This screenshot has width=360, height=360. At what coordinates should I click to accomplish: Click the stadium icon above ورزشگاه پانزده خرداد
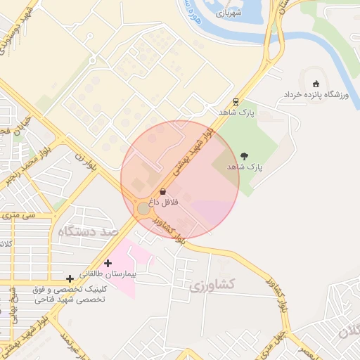point(315,84)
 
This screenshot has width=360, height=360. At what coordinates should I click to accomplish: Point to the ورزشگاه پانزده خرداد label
point(315,94)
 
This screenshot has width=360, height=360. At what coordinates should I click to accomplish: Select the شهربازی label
point(229,12)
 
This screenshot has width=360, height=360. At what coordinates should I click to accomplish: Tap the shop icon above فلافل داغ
point(163,191)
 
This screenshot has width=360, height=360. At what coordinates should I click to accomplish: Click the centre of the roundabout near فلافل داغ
point(143,209)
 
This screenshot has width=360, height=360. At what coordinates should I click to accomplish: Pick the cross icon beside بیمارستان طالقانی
point(108,263)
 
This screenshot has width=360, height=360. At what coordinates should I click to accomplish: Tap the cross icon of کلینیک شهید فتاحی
point(70,279)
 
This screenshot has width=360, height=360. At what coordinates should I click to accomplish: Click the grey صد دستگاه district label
point(89,232)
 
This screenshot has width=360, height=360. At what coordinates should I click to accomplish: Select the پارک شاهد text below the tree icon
point(245,167)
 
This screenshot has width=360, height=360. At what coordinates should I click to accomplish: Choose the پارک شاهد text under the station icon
point(236,112)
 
